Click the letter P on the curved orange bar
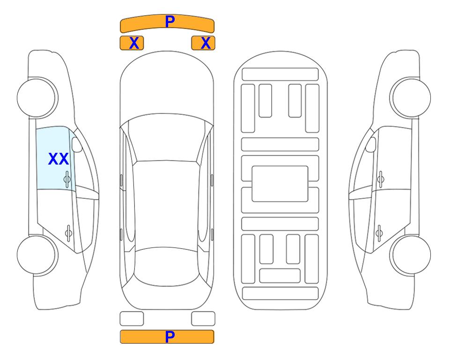(x=170, y=22)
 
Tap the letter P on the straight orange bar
(x=170, y=337)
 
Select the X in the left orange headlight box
(x=134, y=43)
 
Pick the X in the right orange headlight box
(x=206, y=43)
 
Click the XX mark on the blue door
(x=59, y=159)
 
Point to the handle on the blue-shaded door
(x=67, y=179)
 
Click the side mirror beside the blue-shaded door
(x=77, y=144)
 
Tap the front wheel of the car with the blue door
(x=37, y=98)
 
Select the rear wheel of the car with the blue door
(x=37, y=255)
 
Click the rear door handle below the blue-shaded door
(x=68, y=232)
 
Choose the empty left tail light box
(x=132, y=319)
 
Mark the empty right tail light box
(x=203, y=319)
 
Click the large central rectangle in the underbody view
(x=280, y=184)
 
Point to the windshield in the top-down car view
(x=167, y=138)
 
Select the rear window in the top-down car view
(x=167, y=266)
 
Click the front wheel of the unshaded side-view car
(x=410, y=98)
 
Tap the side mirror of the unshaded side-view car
(x=371, y=144)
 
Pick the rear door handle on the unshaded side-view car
(x=379, y=232)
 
